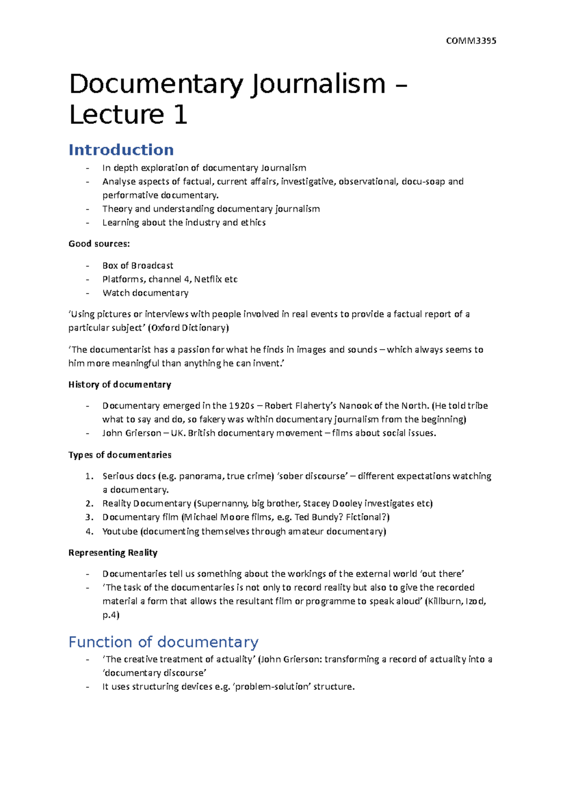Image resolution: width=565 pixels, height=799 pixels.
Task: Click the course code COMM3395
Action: (471, 40)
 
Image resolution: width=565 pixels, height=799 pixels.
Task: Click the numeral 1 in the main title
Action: (180, 115)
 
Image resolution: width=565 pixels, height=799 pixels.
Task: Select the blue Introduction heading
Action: (121, 150)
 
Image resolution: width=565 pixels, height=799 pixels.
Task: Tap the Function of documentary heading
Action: (163, 642)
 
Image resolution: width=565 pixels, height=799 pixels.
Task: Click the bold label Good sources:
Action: (99, 244)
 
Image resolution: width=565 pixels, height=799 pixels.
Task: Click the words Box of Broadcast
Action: (137, 265)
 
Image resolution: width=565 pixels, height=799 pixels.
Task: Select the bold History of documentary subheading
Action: (120, 384)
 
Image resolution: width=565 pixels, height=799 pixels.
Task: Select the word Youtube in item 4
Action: (120, 531)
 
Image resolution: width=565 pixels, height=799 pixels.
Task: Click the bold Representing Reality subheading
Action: (113, 552)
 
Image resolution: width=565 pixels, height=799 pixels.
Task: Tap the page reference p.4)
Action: (111, 615)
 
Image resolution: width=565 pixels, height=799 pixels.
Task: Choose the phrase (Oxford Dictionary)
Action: (188, 328)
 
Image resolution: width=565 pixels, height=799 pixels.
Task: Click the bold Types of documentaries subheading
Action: (120, 455)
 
